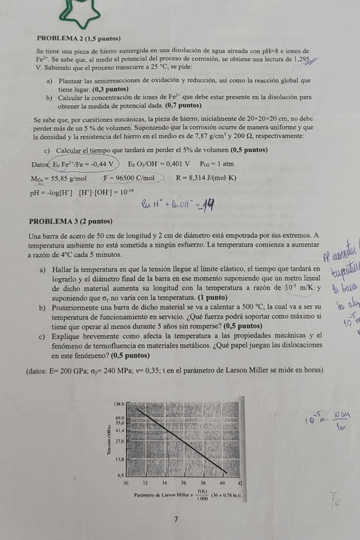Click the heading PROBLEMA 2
coord(75,39)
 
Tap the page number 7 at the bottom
coord(176,520)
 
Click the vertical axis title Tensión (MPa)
coord(111,440)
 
